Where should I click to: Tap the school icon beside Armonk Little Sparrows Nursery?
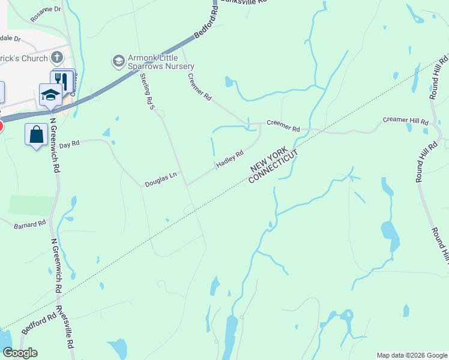coord(118,61)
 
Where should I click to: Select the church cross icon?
coord(57,58)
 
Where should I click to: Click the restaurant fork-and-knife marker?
coord(61,80)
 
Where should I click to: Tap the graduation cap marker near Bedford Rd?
coord(50,94)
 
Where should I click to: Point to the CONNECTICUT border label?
coord(273,167)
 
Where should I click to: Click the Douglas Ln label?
coord(160,179)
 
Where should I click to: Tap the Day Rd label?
coord(70,145)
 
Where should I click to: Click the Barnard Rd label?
coord(30,224)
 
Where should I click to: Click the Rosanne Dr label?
coord(47,10)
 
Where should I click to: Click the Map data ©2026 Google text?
coord(412,355)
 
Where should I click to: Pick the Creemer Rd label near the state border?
coord(283,128)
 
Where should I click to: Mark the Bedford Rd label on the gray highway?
coord(205,26)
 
